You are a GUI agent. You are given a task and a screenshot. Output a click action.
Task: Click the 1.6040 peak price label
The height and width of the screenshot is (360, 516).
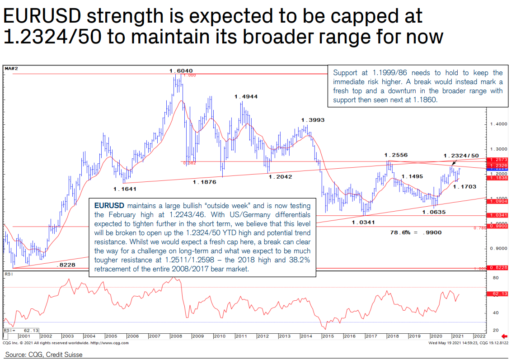coord(181,71)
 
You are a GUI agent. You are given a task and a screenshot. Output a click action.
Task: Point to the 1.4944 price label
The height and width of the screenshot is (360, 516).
coord(246,97)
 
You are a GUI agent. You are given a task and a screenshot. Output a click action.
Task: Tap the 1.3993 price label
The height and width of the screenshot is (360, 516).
coord(313,120)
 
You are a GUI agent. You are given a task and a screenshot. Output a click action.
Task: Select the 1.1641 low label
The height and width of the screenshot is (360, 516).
coord(125,189)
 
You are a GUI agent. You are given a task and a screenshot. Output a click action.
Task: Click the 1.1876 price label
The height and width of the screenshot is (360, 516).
coord(204,182)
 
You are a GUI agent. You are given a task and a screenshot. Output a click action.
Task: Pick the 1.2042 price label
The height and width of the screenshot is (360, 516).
coord(280,177)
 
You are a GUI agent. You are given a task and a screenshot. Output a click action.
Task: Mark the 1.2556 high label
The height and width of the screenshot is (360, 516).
coord(396,155)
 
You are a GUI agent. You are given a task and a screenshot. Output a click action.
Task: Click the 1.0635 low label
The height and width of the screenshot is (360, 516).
coord(434,212)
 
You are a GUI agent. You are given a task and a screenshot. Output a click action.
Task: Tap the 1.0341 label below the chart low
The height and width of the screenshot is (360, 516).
coord(363,222)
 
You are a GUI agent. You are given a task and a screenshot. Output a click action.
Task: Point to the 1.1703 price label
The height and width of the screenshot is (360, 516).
coord(464,186)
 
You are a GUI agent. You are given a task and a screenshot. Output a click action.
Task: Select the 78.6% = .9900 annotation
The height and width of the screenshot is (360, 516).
coord(416,232)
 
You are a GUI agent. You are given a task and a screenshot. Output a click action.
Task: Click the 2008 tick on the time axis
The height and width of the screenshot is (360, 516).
coord(177,336)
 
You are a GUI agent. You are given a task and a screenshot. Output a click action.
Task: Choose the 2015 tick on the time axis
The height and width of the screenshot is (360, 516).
coord(328,336)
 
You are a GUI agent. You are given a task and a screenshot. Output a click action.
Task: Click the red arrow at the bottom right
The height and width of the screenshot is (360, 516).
coord(504,336)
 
